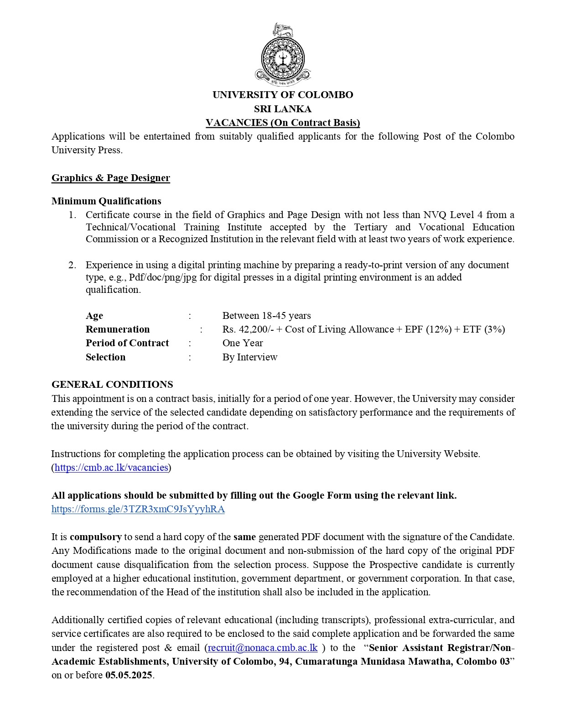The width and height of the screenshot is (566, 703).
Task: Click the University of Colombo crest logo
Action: pyautogui.click(x=283, y=55)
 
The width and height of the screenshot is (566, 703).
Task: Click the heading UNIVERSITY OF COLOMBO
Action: pyautogui.click(x=283, y=95)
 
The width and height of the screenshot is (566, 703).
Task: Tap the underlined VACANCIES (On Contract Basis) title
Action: pyautogui.click(x=283, y=123)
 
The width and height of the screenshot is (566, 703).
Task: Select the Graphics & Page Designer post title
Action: pyautogui.click(x=111, y=178)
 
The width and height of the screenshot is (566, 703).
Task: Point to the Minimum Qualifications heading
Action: pyautogui.click(x=106, y=201)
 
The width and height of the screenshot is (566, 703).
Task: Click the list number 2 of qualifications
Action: pyautogui.click(x=72, y=265)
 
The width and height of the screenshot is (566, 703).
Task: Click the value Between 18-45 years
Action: pyautogui.click(x=266, y=316)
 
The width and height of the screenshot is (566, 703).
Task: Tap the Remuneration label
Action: pyautogui.click(x=118, y=329)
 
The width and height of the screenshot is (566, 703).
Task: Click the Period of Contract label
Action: pyautogui.click(x=127, y=343)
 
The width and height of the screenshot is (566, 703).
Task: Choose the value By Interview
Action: pyautogui.click(x=250, y=357)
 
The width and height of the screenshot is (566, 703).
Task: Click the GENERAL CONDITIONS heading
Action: pyautogui.click(x=112, y=385)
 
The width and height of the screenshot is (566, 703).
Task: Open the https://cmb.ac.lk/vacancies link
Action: pyautogui.click(x=111, y=468)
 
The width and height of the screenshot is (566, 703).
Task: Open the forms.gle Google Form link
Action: pyautogui.click(x=138, y=509)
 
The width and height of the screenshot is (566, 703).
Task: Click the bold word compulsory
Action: pyautogui.click(x=96, y=537)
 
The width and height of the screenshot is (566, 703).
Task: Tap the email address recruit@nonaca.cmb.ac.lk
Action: pyautogui.click(x=263, y=648)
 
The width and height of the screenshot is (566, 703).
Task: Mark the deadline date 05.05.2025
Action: pyautogui.click(x=129, y=675)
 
